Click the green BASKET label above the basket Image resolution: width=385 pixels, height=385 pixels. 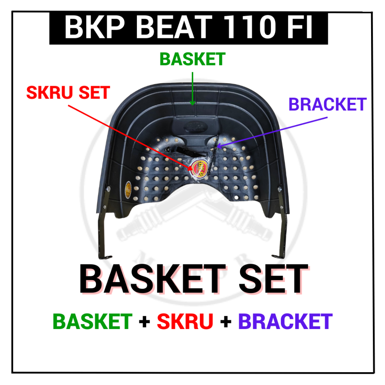point(192,59)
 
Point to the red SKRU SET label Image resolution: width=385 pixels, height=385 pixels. point(68,92)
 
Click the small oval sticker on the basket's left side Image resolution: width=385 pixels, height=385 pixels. point(128,189)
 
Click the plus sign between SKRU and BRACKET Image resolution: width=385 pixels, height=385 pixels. point(226,322)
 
